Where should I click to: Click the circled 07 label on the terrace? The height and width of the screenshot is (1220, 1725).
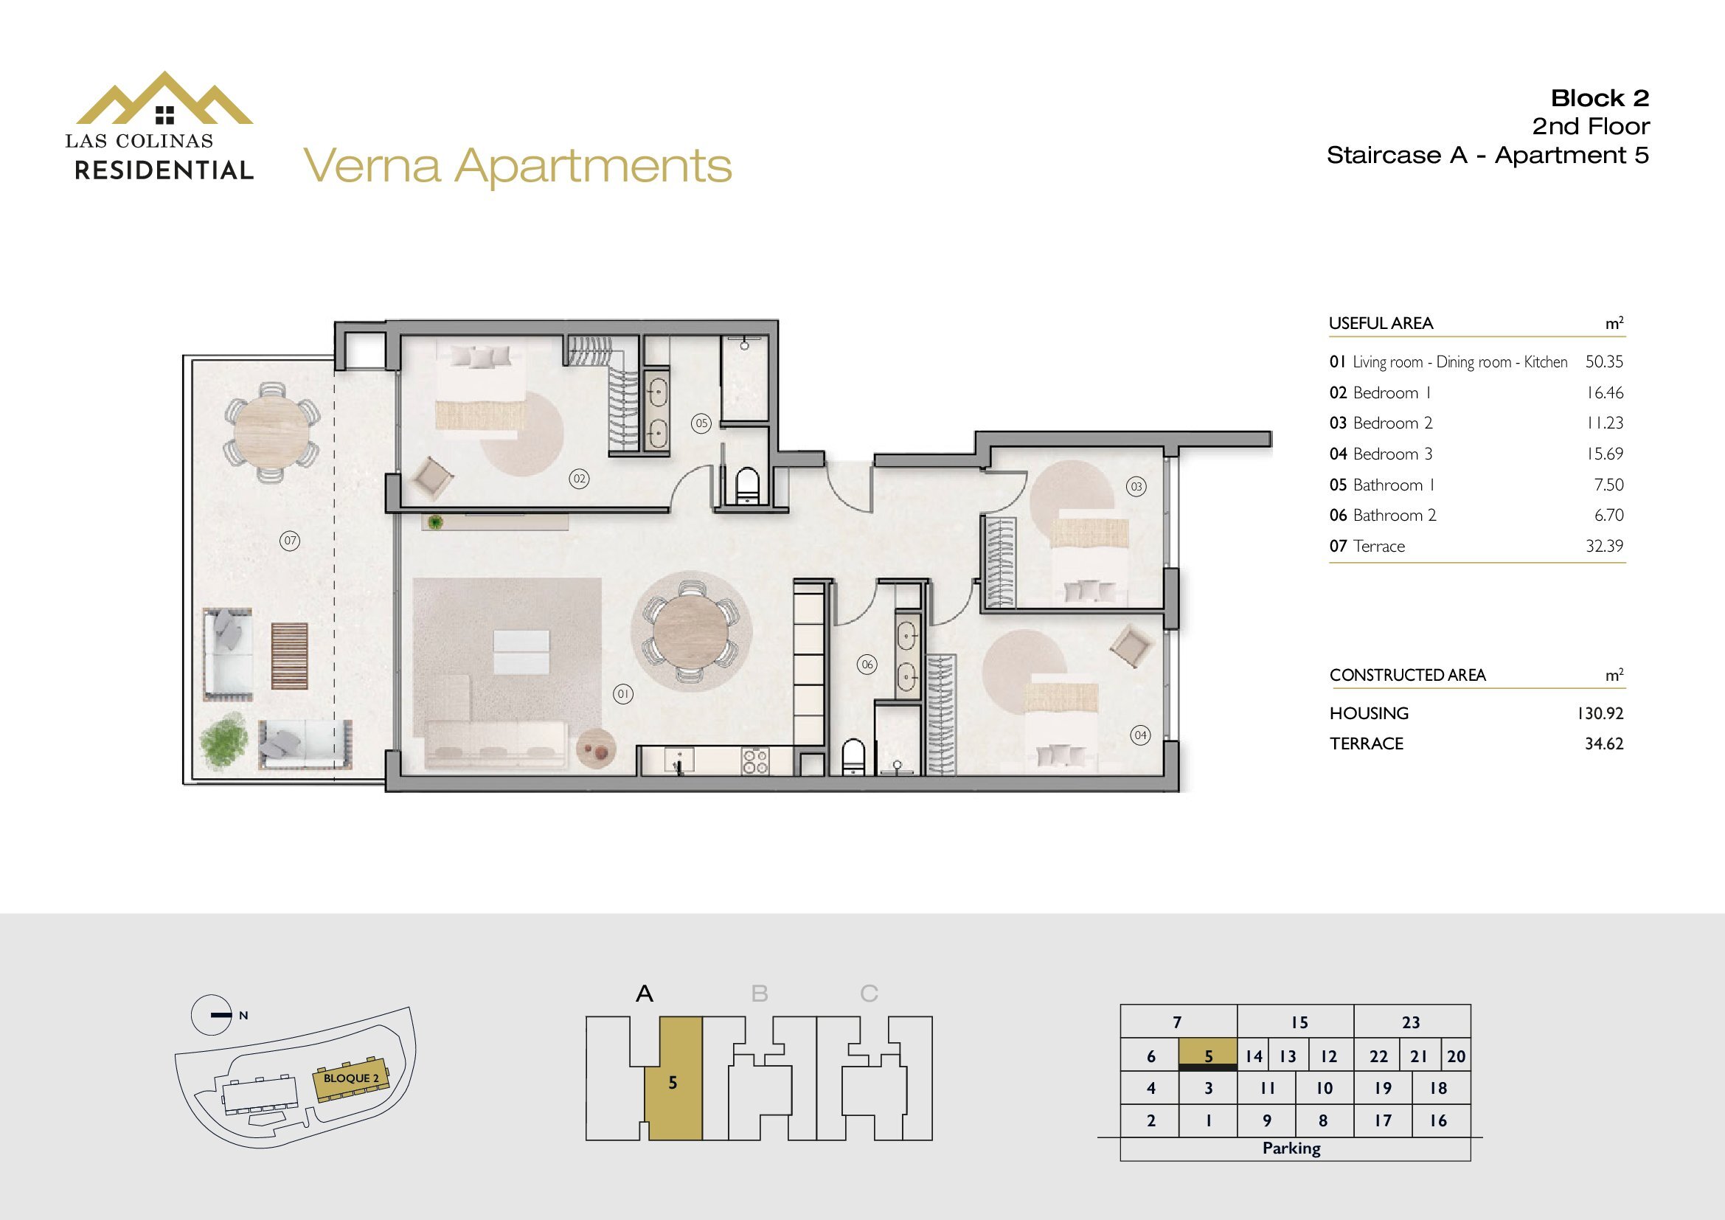(290, 540)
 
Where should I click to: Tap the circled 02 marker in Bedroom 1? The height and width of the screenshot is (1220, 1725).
(578, 479)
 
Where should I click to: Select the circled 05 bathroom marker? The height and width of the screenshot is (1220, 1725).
(701, 423)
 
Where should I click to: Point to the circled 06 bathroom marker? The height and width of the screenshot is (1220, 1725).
(868, 664)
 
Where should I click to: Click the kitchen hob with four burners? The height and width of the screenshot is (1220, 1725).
(755, 760)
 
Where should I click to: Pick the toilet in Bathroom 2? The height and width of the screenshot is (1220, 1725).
(853, 757)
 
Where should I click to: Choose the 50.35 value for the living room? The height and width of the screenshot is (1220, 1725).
(1604, 361)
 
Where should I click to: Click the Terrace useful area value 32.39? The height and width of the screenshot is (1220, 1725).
(1605, 546)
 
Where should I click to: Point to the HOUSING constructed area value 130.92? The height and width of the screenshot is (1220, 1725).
(1601, 713)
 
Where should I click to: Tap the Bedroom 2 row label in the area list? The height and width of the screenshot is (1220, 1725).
(1381, 423)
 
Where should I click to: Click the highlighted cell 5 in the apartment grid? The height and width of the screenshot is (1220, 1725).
(1208, 1055)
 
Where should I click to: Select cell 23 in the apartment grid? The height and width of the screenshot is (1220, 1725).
(1411, 1022)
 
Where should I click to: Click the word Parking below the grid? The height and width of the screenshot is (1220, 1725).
(1291, 1148)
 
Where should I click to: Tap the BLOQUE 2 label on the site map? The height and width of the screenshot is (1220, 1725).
(351, 1078)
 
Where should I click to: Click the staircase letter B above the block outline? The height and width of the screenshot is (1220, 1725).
(760, 994)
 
